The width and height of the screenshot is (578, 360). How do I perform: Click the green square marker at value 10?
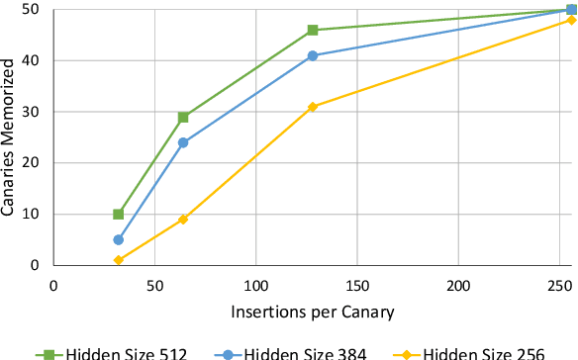[x=119, y=214]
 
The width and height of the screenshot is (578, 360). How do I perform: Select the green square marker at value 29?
[x=183, y=117]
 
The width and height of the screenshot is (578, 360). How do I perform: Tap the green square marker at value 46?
[x=313, y=30]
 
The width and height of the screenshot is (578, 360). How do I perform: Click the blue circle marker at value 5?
[x=119, y=239]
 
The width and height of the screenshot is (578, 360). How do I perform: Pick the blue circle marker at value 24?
[x=183, y=142]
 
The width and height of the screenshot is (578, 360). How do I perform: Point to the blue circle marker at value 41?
[x=313, y=55]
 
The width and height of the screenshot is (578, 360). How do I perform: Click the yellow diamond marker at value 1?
[x=119, y=260]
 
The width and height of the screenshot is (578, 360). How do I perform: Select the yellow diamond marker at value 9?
[x=183, y=219]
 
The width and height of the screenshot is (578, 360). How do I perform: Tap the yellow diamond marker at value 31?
[x=313, y=107]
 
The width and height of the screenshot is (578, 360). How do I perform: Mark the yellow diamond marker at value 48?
[x=571, y=20]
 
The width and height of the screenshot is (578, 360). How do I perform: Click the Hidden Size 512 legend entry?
[x=112, y=352]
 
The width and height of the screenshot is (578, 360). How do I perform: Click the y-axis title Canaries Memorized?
[x=10, y=136]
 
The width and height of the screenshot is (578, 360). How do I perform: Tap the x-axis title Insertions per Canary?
[x=313, y=312]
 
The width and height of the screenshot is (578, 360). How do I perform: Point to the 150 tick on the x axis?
[x=357, y=285]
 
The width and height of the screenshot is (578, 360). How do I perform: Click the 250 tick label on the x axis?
[x=559, y=285]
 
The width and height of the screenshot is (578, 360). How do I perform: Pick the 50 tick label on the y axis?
[x=36, y=9]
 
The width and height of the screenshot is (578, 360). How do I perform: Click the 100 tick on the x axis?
[x=256, y=285]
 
